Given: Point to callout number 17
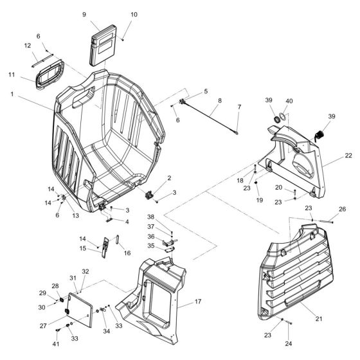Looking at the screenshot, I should [199, 301].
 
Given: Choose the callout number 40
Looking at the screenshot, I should [289, 100].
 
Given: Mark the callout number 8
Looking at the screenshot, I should [219, 101].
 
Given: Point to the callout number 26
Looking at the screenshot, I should [342, 208].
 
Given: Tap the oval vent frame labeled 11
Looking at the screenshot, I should [49, 75].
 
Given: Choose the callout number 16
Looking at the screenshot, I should [127, 253].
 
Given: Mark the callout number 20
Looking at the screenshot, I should [278, 188].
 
